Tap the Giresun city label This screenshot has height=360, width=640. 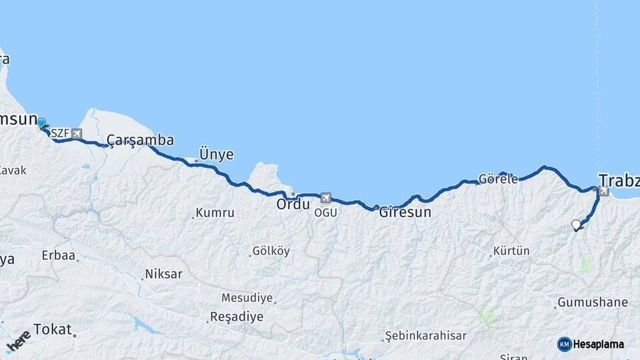point(405,213)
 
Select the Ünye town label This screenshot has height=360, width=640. point(217,155)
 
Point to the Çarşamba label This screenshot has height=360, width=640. point(140,140)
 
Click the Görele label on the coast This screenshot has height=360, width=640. point(498,179)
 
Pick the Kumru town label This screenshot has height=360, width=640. point(214,213)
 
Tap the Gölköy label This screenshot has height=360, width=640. point(271,251)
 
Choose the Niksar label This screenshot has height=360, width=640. point(163,274)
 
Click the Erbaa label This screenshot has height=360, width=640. point(58,255)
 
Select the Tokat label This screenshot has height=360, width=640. point(51,329)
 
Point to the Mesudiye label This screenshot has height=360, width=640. point(247,297)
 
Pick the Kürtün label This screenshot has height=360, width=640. point(511,251)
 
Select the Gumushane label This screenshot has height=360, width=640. point(592,302)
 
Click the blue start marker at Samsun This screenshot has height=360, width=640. point(41,123)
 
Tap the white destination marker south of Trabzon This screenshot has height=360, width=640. point(576,225)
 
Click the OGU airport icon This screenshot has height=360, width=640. point(325,198)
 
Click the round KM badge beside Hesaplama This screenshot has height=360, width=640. point(564,344)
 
